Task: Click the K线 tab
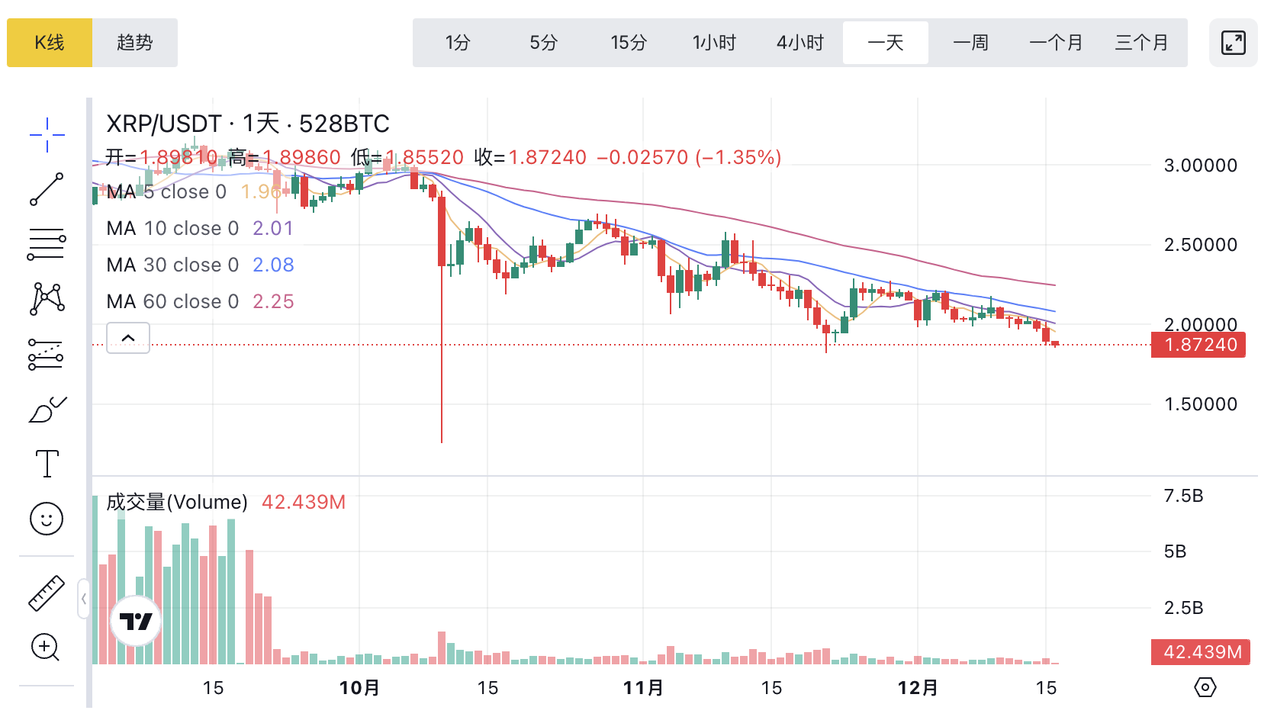[x=50, y=43]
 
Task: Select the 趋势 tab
[x=135, y=43]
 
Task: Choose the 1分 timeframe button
[x=458, y=43]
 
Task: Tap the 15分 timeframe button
[x=629, y=43]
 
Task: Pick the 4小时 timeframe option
[x=800, y=43]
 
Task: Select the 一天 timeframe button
[x=886, y=43]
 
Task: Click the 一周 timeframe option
[x=971, y=43]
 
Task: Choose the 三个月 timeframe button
[x=1142, y=43]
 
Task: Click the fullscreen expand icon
[x=1233, y=43]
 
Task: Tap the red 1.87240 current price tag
[x=1199, y=345]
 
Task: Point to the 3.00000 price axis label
[x=1201, y=166]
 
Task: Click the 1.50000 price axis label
[x=1201, y=404]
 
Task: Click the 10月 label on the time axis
[x=359, y=688]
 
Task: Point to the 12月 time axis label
[x=918, y=688]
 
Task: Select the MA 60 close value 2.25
[x=273, y=301]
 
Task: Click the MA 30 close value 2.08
[x=273, y=265]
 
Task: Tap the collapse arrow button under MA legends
[x=128, y=338]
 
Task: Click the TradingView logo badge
[x=136, y=622]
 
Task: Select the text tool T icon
[x=47, y=464]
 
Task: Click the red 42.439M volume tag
[x=1201, y=652]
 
